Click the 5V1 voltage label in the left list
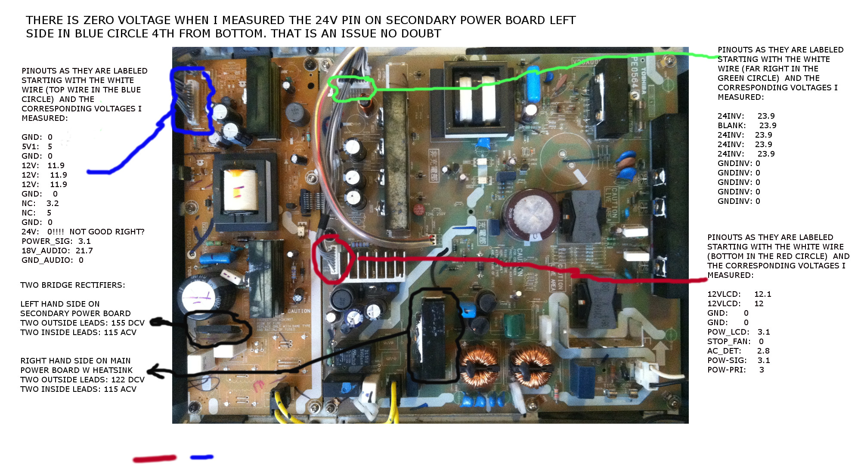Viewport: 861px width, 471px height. click(x=30, y=147)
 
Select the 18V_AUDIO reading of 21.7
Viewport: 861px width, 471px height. click(x=84, y=251)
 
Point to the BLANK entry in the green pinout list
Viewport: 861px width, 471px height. click(x=731, y=126)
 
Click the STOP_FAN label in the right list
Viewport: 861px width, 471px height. click(x=728, y=342)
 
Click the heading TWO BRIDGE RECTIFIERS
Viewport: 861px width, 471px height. click(x=72, y=285)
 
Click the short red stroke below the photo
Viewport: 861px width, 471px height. click(x=155, y=459)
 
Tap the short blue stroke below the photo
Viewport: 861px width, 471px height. click(x=201, y=457)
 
